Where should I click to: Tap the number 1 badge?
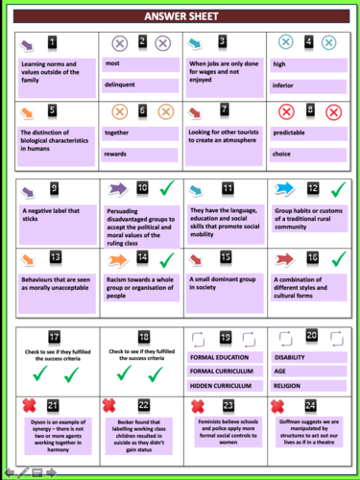click(x=53, y=43)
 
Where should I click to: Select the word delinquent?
click(x=120, y=83)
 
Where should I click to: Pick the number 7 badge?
click(x=224, y=109)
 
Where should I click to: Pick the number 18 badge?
click(x=142, y=336)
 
